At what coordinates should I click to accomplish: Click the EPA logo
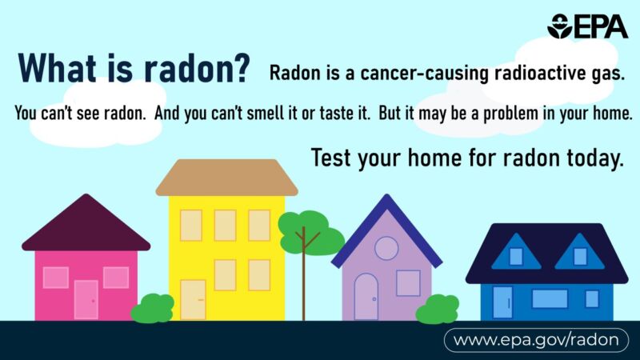click(x=586, y=26)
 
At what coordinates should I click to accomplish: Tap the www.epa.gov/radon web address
click(x=535, y=340)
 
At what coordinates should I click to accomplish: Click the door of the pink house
click(x=86, y=299)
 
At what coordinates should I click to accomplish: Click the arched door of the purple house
click(x=366, y=296)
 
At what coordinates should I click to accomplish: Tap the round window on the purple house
click(x=386, y=248)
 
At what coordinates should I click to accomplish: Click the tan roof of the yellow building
click(x=226, y=178)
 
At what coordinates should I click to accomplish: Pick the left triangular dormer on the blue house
click(x=516, y=254)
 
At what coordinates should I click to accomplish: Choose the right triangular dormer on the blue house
click(x=580, y=254)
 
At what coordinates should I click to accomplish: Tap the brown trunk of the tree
click(x=303, y=271)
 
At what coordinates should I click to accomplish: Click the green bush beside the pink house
click(x=152, y=308)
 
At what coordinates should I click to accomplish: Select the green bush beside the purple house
click(x=437, y=308)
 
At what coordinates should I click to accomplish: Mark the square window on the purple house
click(x=408, y=282)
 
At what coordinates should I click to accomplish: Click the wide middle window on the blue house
click(x=550, y=298)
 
